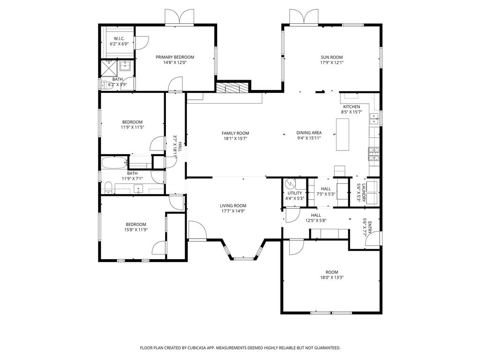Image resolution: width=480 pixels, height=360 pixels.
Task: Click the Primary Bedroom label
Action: (175, 57)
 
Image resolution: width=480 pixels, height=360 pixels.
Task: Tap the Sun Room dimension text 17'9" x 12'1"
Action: (332, 62)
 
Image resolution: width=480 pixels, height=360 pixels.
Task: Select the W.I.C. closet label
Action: (119, 38)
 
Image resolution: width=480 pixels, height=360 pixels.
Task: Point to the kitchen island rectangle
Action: (343, 134)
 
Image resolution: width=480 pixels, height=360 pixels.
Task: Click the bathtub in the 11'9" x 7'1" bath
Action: (114, 164)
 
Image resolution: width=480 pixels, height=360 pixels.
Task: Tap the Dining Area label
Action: (309, 133)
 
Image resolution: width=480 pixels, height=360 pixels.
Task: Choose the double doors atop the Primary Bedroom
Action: (179, 17)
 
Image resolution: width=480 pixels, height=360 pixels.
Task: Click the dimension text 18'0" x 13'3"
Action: (332, 277)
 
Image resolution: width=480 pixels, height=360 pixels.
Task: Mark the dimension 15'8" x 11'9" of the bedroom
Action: (135, 230)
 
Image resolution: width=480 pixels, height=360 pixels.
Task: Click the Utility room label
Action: (295, 193)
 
